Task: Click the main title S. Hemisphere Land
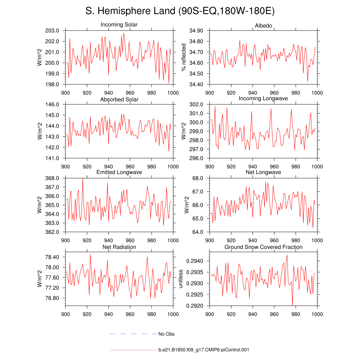(180, 11)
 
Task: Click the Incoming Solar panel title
(119, 25)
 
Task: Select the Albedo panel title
(263, 26)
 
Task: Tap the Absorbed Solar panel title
(119, 99)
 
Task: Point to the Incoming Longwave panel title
(263, 98)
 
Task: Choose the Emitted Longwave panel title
(119, 172)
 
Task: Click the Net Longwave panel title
(263, 172)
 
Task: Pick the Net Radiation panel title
(119, 247)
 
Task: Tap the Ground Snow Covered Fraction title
(263, 247)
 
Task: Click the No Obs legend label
(166, 334)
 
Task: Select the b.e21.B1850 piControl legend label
(204, 350)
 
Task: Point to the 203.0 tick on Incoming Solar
(52, 31)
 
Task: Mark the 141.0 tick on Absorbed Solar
(52, 158)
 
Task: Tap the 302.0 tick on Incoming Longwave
(196, 104)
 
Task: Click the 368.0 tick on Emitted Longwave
(52, 178)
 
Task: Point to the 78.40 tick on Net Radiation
(52, 257)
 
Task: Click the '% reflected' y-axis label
(183, 57)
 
